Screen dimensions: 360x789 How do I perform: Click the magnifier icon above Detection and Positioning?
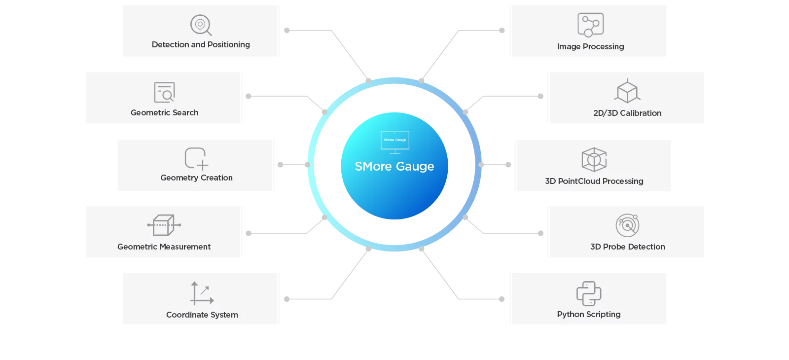[x=201, y=25]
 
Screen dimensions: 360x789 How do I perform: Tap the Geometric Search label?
[x=164, y=112]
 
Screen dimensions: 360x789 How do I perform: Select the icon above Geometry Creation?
[x=196, y=158]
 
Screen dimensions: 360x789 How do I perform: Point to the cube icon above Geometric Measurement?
[x=164, y=225]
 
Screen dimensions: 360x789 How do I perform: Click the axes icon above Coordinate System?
[x=202, y=293]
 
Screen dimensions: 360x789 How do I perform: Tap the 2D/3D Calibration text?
[x=627, y=113]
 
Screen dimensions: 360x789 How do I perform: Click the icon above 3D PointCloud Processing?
[x=594, y=159]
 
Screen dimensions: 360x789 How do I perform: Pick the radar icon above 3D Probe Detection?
[x=627, y=225]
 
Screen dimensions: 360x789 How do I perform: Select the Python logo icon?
[x=589, y=293]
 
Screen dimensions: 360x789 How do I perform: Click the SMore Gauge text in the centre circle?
[x=394, y=166]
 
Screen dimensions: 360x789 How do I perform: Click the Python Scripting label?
[x=589, y=314]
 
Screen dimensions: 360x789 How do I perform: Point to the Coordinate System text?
[x=202, y=315]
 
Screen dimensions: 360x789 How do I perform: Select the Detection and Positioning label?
[x=201, y=44]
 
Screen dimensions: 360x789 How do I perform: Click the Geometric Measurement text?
[x=164, y=247]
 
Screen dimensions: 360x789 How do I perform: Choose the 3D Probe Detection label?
[x=627, y=247]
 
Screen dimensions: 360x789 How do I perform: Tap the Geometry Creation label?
[x=196, y=178]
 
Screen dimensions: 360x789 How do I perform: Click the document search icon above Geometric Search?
[x=164, y=92]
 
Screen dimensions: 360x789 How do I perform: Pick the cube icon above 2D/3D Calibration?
[x=627, y=91]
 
